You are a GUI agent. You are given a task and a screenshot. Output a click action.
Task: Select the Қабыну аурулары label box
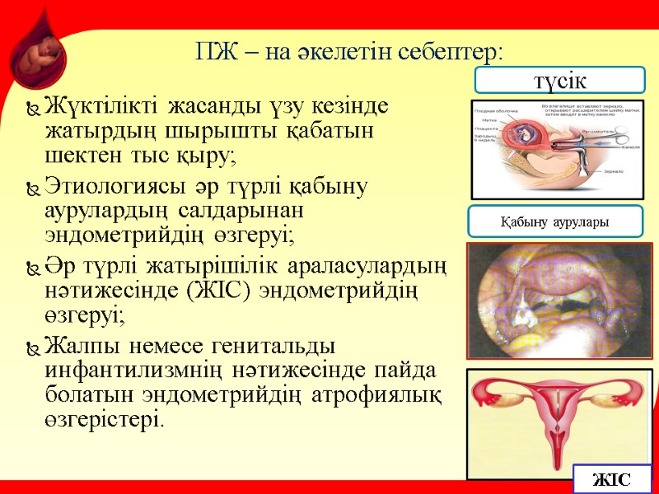point(555,222)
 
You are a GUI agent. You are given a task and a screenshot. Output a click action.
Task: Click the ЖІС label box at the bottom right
point(611,478)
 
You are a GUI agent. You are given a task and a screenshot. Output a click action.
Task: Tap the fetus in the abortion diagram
point(528,132)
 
